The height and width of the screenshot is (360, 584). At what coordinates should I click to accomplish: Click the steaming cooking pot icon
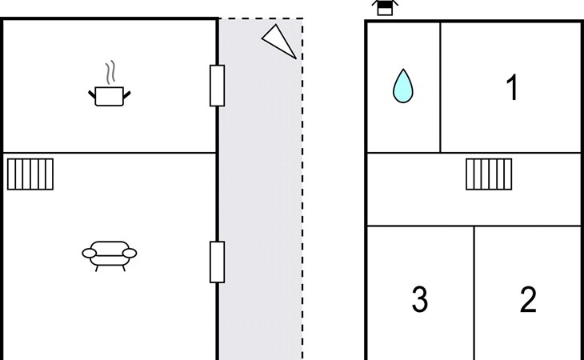[108, 95]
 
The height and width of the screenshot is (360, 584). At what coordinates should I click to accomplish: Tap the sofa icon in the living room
[109, 254]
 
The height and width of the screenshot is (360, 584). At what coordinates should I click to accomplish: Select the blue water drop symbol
[402, 86]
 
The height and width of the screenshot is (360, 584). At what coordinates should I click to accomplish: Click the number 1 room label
[512, 88]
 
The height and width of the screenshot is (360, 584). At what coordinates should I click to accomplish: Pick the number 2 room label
[528, 299]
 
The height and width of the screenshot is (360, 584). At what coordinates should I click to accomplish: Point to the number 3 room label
[419, 299]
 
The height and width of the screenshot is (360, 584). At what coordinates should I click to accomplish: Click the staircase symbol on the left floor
[30, 174]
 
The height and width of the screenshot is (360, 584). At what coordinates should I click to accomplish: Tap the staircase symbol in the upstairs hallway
[489, 174]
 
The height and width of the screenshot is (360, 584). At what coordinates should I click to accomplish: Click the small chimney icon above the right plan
[385, 8]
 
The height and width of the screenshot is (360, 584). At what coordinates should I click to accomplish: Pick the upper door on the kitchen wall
[217, 86]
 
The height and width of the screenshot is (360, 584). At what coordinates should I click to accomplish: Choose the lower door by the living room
[217, 262]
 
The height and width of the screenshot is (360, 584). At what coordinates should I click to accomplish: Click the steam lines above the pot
[111, 72]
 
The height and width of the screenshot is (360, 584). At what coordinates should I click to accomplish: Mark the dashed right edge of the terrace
[302, 200]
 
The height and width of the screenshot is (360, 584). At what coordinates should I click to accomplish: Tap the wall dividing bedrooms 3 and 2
[474, 292]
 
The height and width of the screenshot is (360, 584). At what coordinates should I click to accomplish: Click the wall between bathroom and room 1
[440, 86]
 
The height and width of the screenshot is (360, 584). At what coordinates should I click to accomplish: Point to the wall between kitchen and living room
[109, 152]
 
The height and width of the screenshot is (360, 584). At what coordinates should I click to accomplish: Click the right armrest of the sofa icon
[130, 253]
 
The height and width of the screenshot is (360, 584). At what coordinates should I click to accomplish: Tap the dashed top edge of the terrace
[260, 18]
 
